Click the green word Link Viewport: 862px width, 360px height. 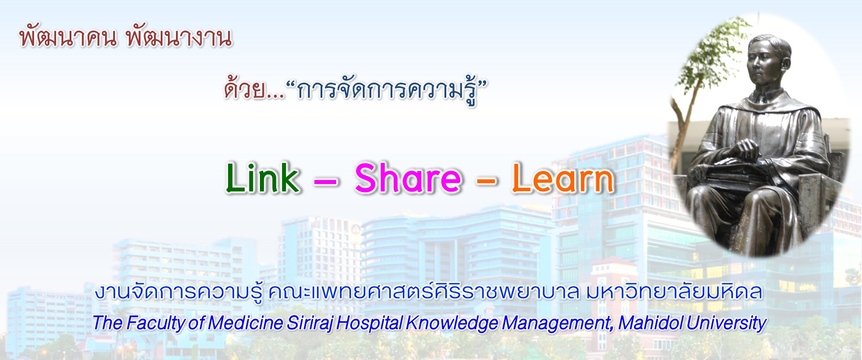tap(263, 178)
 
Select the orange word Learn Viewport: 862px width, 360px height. tap(563, 178)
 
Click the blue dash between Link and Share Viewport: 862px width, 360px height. tap(325, 182)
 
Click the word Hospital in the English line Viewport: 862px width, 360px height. tap(370, 323)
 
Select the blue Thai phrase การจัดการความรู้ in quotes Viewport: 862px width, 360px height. tap(386, 91)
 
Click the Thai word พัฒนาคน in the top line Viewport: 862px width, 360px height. tap(68, 37)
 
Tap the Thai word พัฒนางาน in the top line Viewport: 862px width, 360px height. tap(179, 37)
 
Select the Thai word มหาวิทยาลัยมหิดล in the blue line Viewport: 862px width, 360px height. tap(674, 292)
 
